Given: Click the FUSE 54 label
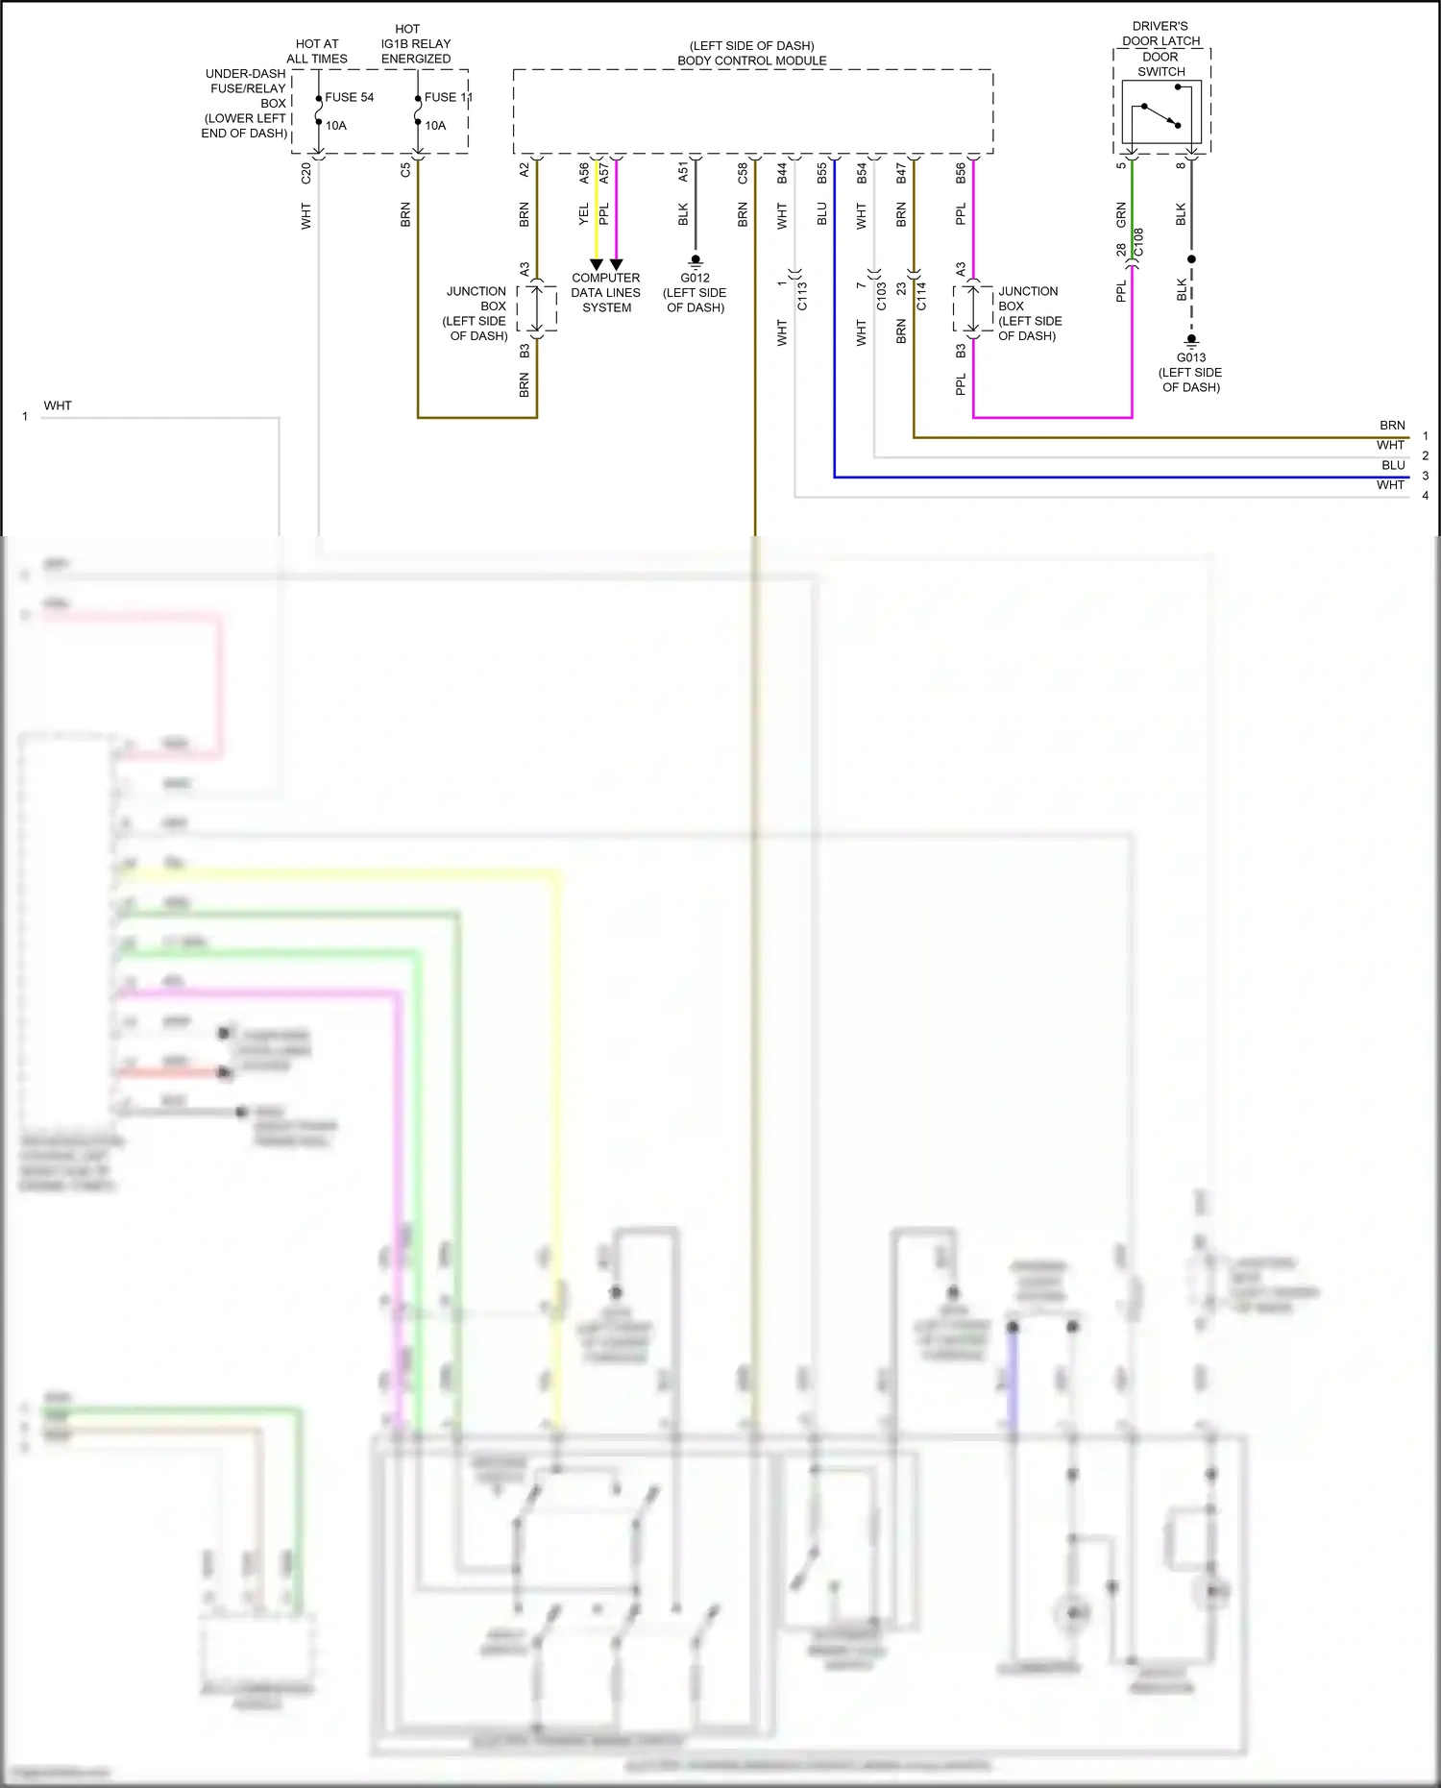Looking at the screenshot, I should click(349, 97).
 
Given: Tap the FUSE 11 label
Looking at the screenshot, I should click(448, 97).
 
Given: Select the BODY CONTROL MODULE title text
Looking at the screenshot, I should click(751, 61).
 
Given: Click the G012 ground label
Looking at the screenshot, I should click(695, 278).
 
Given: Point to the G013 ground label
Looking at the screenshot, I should click(1190, 357).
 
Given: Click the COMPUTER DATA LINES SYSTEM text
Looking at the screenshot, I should click(605, 292).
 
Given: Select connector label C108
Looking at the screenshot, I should click(1138, 242).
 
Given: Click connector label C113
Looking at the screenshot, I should click(802, 295).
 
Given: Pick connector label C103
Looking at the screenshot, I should click(881, 295).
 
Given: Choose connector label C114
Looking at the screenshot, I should click(921, 295).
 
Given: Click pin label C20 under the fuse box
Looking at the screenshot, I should click(306, 173).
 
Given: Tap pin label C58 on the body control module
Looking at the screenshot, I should click(743, 173).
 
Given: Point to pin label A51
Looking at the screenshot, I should click(683, 172).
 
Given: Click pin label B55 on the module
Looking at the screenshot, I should click(821, 173).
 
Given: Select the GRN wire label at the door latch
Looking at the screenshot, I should click(1121, 214).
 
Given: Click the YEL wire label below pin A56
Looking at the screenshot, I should click(583, 214).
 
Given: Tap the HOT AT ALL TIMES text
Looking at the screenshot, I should click(317, 51).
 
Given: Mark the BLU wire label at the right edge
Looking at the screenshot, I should click(1393, 465).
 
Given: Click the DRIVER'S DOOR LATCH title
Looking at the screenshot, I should click(1160, 34).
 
